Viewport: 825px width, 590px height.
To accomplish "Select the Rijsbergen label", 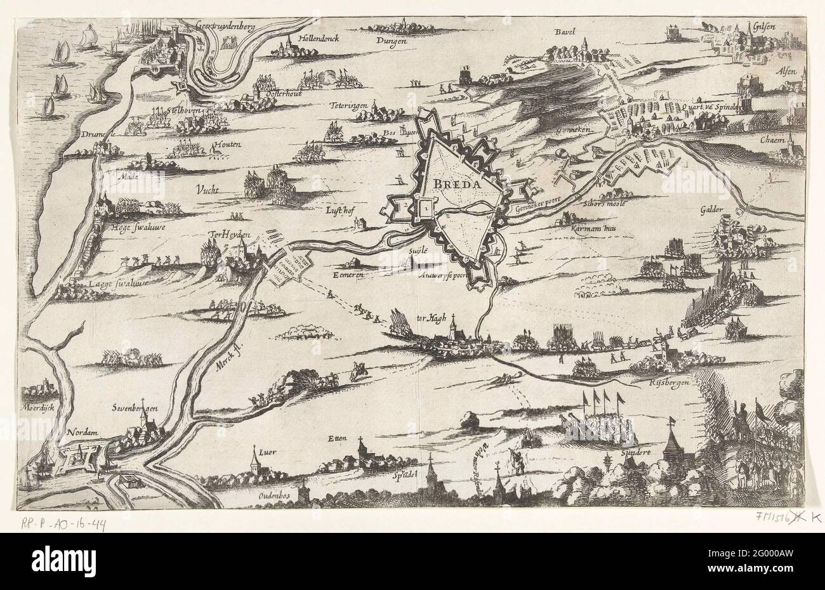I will (670, 383).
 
